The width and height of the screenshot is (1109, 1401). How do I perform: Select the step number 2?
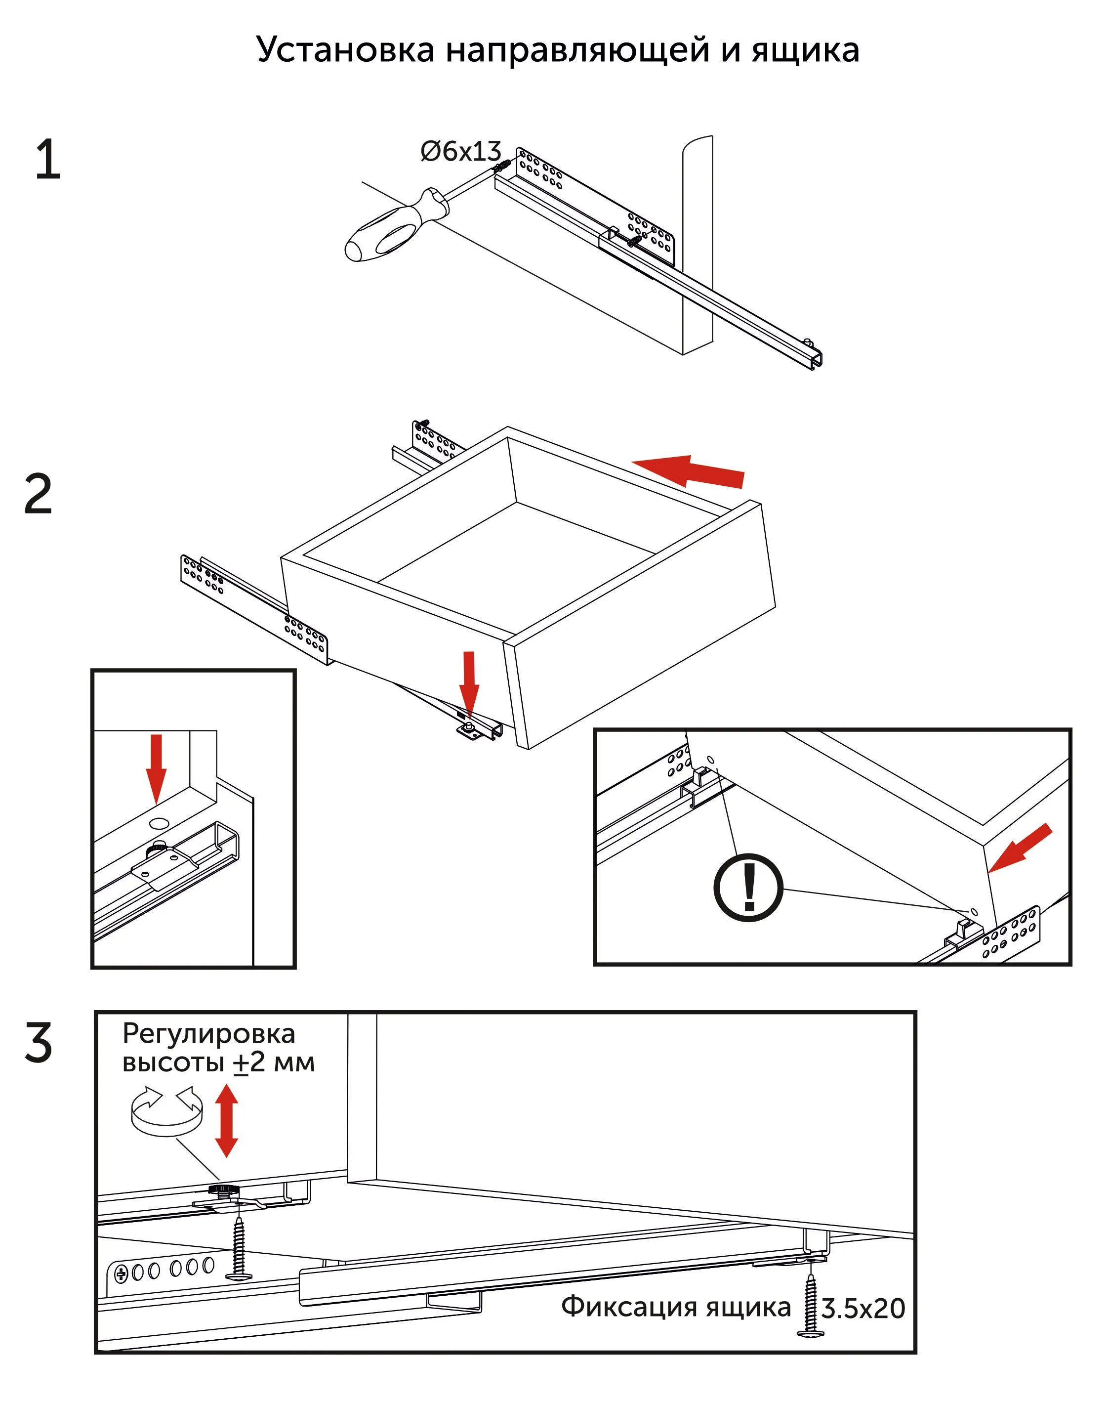click(39, 495)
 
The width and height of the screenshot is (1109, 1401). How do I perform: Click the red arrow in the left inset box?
click(156, 767)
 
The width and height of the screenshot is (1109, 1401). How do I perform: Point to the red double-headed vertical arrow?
click(226, 1120)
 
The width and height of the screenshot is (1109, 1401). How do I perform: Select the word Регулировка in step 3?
click(208, 1033)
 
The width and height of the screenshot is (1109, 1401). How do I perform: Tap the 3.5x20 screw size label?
click(863, 1309)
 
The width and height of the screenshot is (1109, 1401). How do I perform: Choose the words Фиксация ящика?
click(676, 1307)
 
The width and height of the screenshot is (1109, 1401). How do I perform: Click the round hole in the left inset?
click(158, 823)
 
